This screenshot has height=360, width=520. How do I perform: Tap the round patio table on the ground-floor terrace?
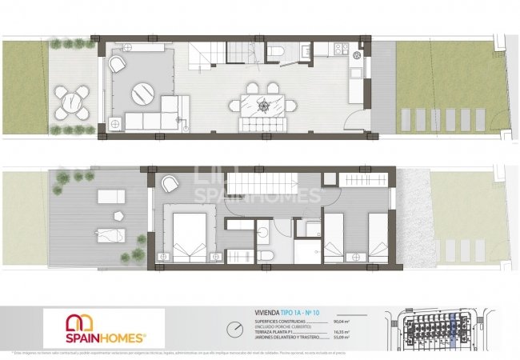(74, 102)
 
